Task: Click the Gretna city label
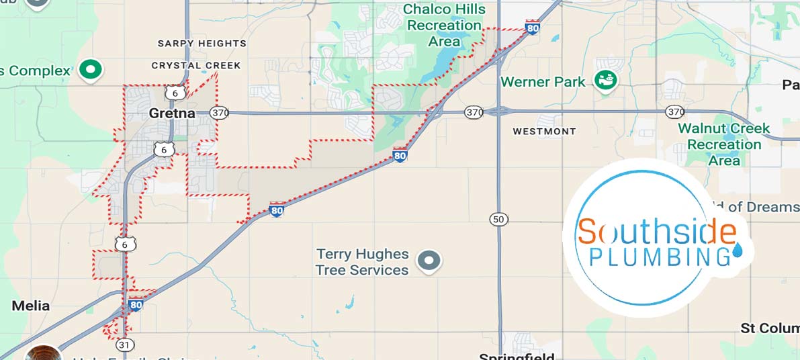tap(173, 113)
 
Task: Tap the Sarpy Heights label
tap(202, 44)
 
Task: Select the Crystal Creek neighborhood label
tap(195, 65)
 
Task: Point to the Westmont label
tap(544, 132)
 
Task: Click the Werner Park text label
tap(543, 82)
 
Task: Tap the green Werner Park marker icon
tap(607, 81)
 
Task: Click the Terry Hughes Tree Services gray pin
tap(428, 260)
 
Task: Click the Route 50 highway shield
tap(498, 220)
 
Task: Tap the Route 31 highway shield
tap(124, 345)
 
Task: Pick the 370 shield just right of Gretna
tap(219, 113)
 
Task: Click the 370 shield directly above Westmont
tap(474, 112)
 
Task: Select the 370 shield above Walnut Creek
tap(674, 111)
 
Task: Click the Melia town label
tap(31, 306)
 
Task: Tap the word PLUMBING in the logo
tap(659, 257)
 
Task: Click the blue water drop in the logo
tap(739, 251)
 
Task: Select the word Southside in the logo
tap(657, 232)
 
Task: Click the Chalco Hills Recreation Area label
tap(445, 25)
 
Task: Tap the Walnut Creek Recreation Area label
tap(723, 144)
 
